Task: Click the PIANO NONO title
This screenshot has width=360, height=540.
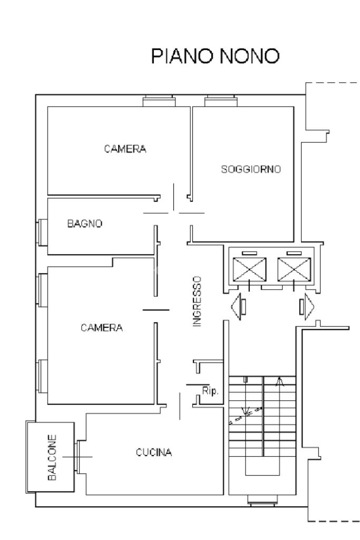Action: click(215, 56)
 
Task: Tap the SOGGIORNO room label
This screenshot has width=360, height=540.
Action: click(250, 169)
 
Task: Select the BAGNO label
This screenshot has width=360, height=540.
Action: click(85, 224)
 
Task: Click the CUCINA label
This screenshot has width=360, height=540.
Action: click(154, 452)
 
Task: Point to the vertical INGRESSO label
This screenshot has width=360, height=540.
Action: click(197, 301)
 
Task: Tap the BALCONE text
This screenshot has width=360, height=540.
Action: click(52, 458)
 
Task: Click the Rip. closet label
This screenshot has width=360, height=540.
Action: click(210, 391)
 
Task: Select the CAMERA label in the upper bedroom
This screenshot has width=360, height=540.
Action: click(125, 149)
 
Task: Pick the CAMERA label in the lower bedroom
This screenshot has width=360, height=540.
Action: click(102, 327)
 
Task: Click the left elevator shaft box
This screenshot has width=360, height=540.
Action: click(249, 269)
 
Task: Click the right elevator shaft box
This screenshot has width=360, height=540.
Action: click(294, 269)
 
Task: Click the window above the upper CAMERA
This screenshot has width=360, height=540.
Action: click(159, 101)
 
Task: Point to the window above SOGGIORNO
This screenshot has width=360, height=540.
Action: click(221, 101)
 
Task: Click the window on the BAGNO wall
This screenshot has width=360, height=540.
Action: click(42, 233)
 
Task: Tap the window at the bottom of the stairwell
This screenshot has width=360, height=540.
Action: click(262, 500)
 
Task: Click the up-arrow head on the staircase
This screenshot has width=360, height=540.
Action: click(280, 382)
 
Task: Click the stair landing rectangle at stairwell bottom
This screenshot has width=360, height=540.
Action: click(262, 466)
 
